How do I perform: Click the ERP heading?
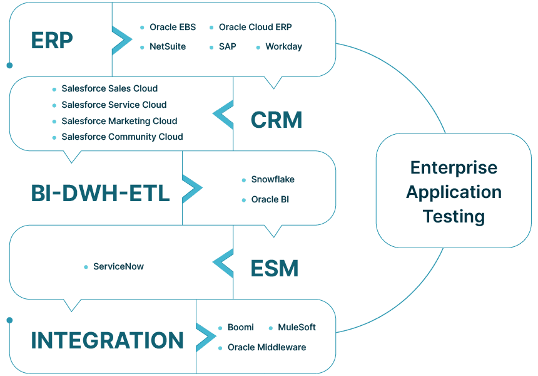click(x=52, y=41)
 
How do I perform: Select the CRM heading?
click(x=276, y=120)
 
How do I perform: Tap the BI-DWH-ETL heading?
click(x=100, y=194)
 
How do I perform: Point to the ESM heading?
click(x=274, y=268)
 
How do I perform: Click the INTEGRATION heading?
click(x=108, y=340)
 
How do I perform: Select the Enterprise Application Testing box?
click(x=454, y=191)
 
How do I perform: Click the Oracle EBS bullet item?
click(x=172, y=28)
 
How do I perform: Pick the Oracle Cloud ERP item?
click(x=255, y=28)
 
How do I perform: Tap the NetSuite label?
click(x=167, y=47)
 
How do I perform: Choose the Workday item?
click(x=283, y=47)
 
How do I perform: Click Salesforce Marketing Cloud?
click(x=119, y=121)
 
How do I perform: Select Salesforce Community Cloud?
click(x=122, y=137)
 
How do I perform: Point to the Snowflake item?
click(x=273, y=180)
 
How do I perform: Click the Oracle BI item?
click(x=270, y=200)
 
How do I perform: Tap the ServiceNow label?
click(x=118, y=267)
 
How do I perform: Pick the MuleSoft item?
click(x=297, y=328)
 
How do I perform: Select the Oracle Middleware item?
click(x=266, y=347)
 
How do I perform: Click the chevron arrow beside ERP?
click(x=121, y=39)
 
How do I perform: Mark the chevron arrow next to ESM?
click(x=223, y=263)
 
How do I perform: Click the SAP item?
click(x=227, y=47)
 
